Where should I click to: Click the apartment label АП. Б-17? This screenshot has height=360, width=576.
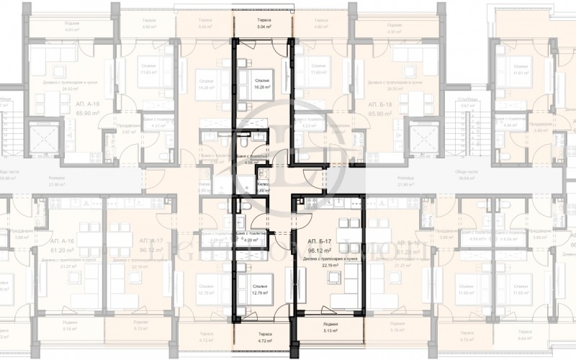(x=319, y=241)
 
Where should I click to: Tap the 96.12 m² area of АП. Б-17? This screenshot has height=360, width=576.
(x=319, y=251)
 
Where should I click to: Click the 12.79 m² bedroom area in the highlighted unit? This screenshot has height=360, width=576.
(x=261, y=292)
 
